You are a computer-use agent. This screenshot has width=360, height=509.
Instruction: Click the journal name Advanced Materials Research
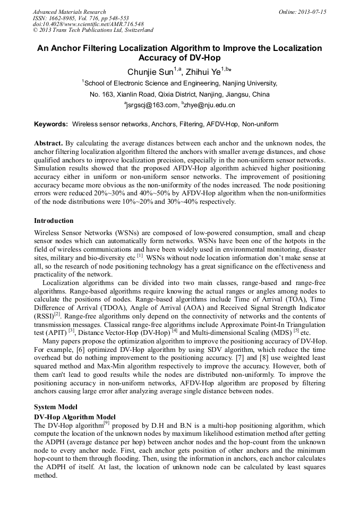coord(69,12)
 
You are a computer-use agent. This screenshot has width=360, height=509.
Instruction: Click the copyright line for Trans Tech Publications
coord(93,31)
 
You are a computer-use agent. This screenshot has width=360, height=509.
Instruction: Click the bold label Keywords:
coord(51,124)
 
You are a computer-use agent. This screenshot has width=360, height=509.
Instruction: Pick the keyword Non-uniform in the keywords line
coord(260,124)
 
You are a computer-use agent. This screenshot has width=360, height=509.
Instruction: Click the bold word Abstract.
coord(48,143)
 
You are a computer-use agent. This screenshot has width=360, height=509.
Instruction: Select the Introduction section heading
coord(54,221)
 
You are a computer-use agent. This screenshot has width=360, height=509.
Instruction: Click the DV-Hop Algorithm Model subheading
coord(74,417)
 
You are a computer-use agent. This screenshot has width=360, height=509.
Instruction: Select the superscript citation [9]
coord(107,423)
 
